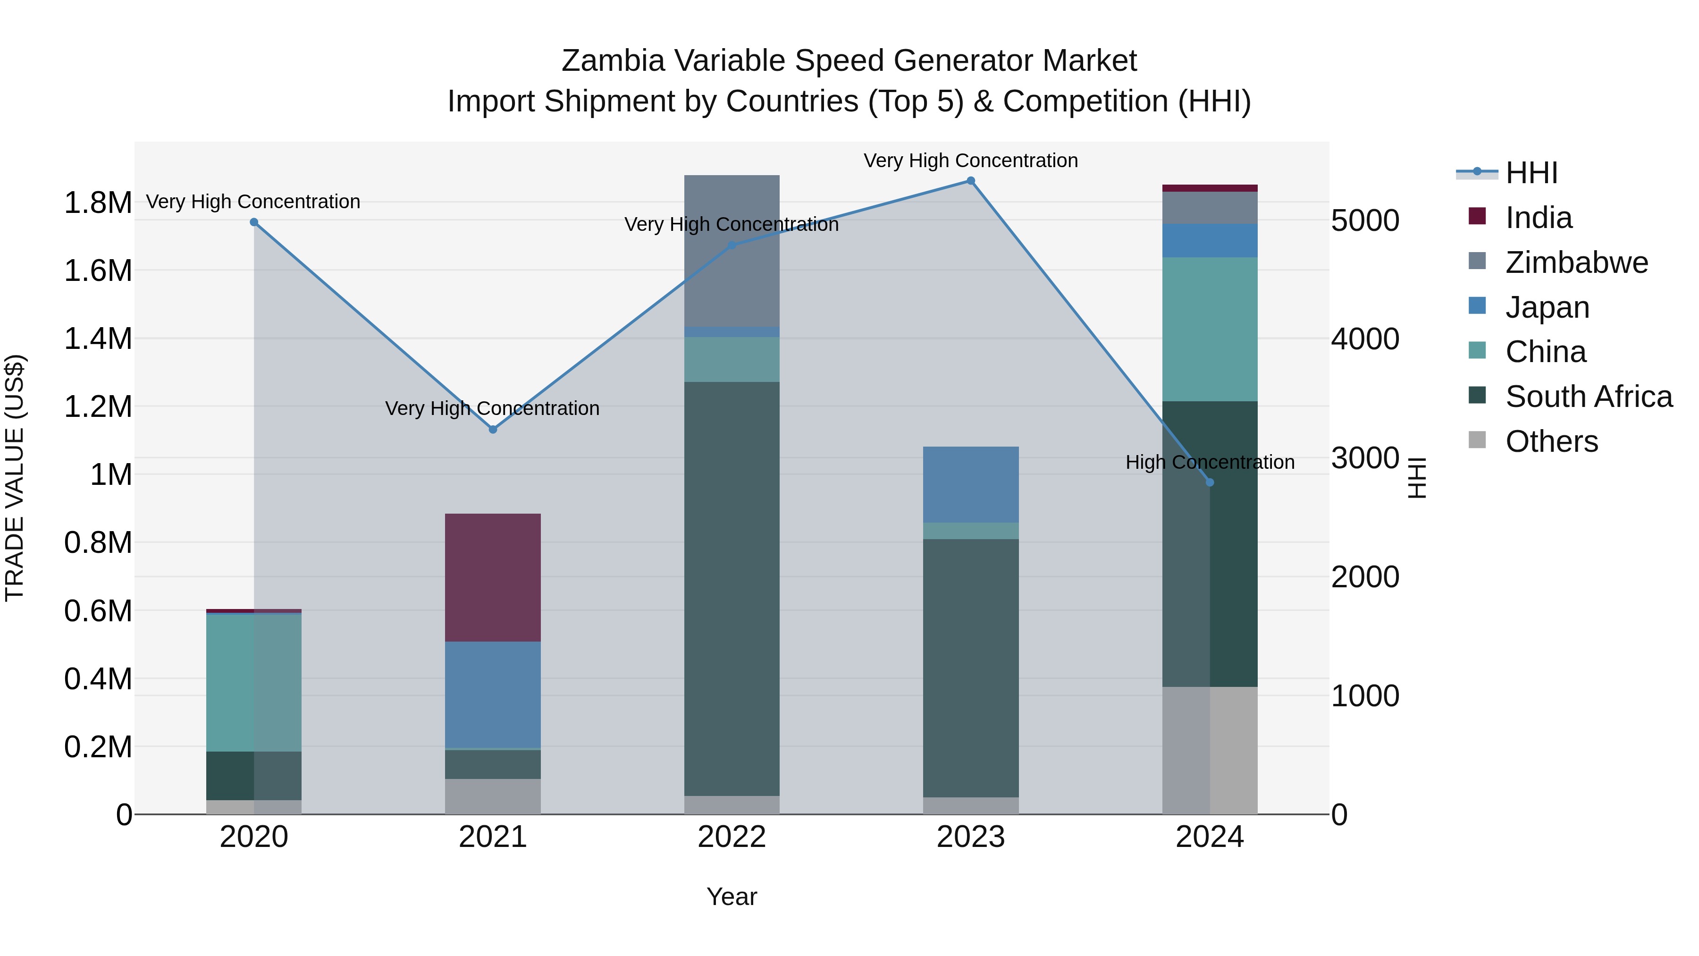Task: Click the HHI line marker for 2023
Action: click(x=970, y=181)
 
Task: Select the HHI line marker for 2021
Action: click(x=493, y=430)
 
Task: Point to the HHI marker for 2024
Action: click(x=1210, y=482)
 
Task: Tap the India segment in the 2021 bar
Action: click(x=493, y=577)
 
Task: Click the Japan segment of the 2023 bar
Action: click(x=970, y=484)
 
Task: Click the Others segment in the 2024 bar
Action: click(x=1210, y=750)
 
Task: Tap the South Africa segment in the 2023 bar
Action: click(x=970, y=668)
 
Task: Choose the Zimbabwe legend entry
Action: click(x=1576, y=262)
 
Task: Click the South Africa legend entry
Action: click(x=1588, y=397)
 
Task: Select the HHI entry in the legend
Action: click(x=1531, y=173)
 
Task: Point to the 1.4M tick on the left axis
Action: click(x=98, y=339)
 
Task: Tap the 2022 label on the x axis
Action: click(x=732, y=837)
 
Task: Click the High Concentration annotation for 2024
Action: click(x=1210, y=463)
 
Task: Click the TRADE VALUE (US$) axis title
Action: click(x=15, y=478)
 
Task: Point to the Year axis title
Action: click(x=732, y=897)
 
